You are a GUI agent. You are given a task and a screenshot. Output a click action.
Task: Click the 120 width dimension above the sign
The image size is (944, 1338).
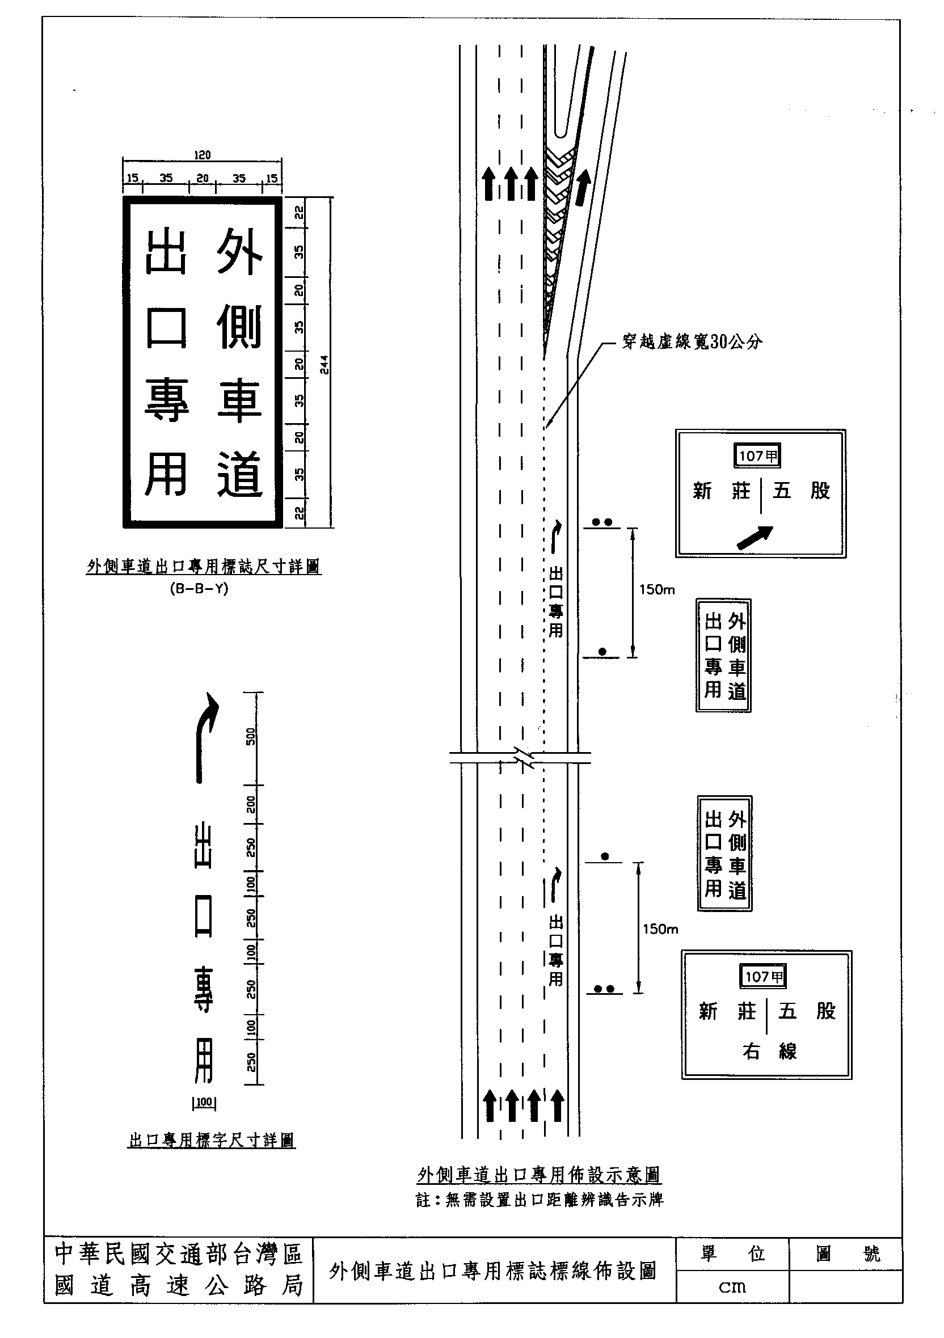tap(202, 155)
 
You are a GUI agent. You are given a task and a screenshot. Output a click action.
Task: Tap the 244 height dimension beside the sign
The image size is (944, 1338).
tap(324, 364)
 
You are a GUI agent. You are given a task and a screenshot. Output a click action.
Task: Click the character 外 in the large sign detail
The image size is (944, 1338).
tap(239, 252)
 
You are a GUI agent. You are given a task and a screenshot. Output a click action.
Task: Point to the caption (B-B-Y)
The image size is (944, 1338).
tap(199, 589)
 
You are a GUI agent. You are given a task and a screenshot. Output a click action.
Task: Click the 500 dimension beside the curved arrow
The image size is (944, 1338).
tap(251, 737)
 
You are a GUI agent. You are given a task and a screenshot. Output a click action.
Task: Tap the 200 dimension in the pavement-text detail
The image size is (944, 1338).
tap(251, 805)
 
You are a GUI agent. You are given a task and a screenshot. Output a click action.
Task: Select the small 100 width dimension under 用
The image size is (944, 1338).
tap(204, 1103)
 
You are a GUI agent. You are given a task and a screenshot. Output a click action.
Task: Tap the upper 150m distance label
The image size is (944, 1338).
tap(657, 590)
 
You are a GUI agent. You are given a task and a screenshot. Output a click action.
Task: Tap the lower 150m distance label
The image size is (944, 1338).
tap(660, 929)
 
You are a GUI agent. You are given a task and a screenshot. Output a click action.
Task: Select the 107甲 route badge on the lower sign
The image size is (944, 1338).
tap(764, 977)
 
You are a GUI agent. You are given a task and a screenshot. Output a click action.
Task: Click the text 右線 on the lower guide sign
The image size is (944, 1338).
tap(769, 1052)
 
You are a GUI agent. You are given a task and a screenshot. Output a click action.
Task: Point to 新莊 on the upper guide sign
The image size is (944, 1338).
tap(722, 491)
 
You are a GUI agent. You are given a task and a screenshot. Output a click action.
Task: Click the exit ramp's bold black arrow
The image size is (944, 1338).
tap(583, 188)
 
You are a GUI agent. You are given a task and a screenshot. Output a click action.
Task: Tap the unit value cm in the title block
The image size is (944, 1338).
tap(732, 1286)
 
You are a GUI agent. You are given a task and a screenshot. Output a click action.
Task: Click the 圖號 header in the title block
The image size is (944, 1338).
tap(847, 1253)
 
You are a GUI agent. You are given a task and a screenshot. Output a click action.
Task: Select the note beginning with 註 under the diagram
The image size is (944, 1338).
tap(539, 1200)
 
